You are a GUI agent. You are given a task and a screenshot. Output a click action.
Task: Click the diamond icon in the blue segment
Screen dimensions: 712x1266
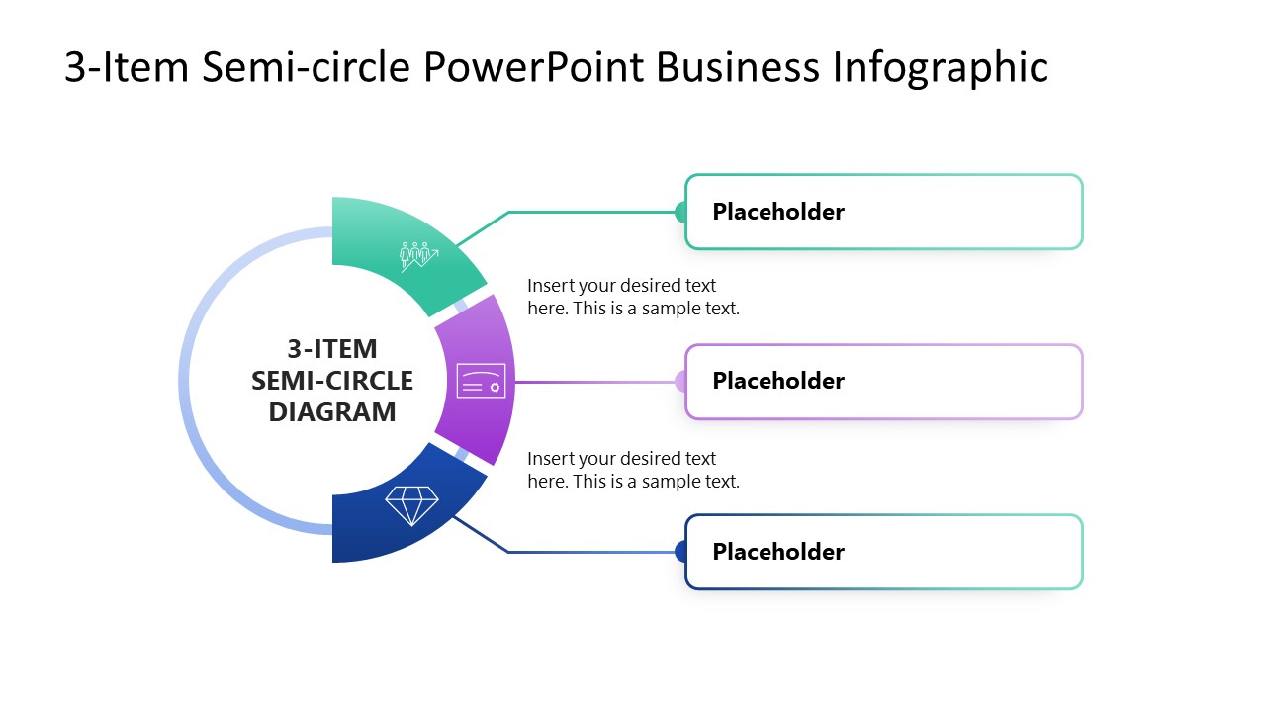[x=411, y=505]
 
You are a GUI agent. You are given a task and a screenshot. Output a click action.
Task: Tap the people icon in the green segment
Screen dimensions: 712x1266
[x=418, y=256]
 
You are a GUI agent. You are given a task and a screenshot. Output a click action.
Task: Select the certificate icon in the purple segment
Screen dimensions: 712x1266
[x=482, y=381]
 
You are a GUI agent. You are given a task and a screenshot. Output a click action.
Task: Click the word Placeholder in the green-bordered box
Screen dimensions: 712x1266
[x=778, y=212]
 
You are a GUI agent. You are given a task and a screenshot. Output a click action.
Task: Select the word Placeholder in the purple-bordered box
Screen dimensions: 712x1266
[x=778, y=381]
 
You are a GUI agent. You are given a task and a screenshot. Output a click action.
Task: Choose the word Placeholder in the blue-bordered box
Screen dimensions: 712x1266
[x=778, y=552]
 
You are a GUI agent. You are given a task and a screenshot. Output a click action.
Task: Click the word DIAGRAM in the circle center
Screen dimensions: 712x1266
[x=332, y=412]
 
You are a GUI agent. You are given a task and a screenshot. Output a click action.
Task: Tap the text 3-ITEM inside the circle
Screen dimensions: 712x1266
[x=332, y=349]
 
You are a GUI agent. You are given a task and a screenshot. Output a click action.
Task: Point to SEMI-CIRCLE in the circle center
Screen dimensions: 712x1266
[x=332, y=381]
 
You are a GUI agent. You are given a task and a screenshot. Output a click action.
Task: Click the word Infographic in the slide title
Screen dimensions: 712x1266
[x=940, y=68]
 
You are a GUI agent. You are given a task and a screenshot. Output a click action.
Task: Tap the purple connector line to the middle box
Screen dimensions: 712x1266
[x=593, y=382]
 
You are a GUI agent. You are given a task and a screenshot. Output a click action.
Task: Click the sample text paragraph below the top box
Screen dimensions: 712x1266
[x=633, y=297]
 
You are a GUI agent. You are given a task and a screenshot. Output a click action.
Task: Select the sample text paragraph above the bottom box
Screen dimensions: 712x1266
[x=633, y=470]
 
